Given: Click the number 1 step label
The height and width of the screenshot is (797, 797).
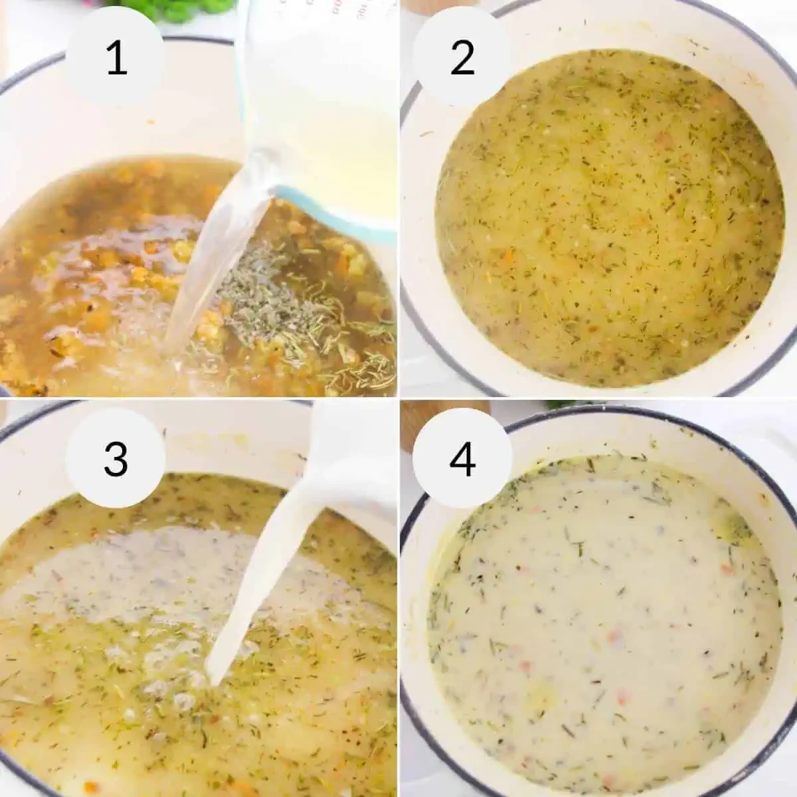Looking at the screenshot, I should click(x=116, y=58).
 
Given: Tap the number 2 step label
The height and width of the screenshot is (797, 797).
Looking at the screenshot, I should click(x=462, y=58).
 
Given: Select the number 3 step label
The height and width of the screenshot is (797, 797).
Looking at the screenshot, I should click(x=116, y=458).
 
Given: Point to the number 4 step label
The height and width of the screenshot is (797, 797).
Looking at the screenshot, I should click(x=462, y=458).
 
